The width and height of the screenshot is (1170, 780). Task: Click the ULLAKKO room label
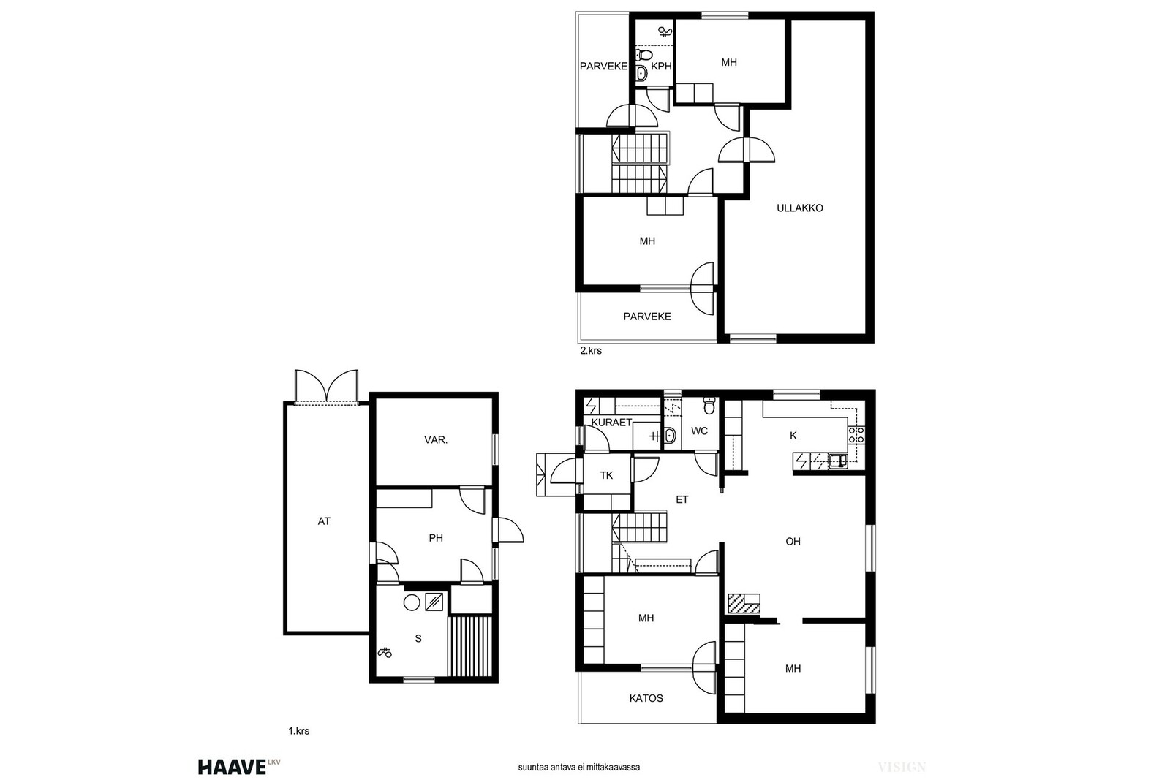tap(800, 208)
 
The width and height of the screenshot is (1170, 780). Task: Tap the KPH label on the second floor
tap(661, 67)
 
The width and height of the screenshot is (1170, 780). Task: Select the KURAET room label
tap(611, 423)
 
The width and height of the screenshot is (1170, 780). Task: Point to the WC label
tap(699, 431)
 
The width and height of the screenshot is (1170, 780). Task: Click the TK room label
tap(606, 475)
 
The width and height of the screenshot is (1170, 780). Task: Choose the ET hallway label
tap(682, 499)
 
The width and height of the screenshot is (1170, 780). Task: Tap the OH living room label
tap(793, 542)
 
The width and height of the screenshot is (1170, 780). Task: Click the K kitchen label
tap(793, 436)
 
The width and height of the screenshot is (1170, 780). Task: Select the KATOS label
tap(646, 698)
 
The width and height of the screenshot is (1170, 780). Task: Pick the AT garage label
tap(324, 521)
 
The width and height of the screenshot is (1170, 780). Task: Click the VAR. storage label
tap(436, 440)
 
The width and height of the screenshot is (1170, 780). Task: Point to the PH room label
tap(436, 538)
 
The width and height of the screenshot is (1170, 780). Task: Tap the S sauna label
tap(418, 638)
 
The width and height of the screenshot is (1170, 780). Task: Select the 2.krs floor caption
tap(591, 351)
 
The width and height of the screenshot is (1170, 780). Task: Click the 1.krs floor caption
tap(299, 731)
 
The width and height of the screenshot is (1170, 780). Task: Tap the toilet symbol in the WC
tap(709, 405)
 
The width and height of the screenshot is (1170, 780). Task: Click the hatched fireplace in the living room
tap(744, 603)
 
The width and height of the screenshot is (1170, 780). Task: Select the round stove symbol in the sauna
tap(412, 602)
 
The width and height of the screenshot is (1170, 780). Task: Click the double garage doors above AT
tap(326, 387)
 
